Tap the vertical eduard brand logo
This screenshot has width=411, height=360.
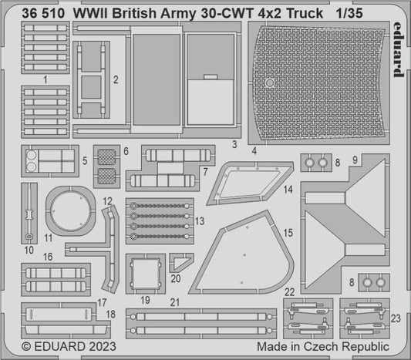coord(396,50)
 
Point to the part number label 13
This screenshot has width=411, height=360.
coord(199,220)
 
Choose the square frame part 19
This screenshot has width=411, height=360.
coord(144,271)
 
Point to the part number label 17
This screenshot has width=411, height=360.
coord(103,304)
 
